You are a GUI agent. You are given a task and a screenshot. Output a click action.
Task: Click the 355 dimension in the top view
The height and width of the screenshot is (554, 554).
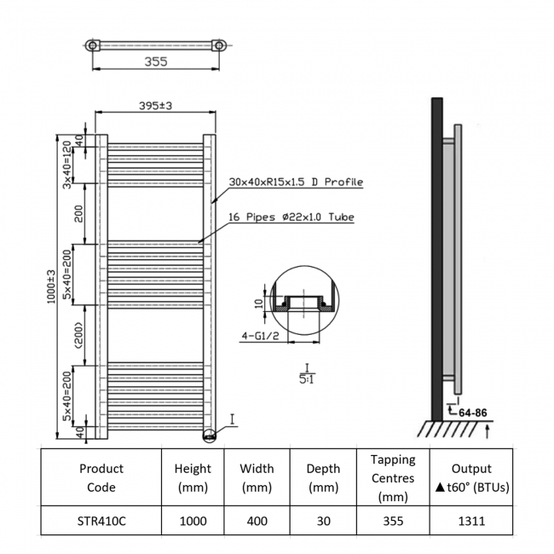tap(154, 61)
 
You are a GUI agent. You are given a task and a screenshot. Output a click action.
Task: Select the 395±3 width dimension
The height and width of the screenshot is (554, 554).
tap(156, 106)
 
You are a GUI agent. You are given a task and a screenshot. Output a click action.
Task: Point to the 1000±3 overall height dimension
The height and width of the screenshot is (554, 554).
tap(52, 287)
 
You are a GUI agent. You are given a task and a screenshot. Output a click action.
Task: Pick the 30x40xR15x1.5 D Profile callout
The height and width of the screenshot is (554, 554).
tap(296, 182)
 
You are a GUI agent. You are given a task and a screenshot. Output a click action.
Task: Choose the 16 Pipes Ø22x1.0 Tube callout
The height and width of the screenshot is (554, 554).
tap(291, 217)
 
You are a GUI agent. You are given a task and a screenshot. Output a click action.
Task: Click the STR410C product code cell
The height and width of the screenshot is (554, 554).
tap(101, 520)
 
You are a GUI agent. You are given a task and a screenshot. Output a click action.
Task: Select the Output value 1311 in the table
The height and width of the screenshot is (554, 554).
tap(471, 520)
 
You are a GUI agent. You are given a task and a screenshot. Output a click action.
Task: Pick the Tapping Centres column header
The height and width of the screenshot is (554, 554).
tap(393, 478)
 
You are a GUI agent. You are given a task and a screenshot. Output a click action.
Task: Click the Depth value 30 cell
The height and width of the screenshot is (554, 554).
tap(322, 520)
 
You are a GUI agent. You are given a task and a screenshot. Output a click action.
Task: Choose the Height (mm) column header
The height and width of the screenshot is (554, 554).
tap(193, 478)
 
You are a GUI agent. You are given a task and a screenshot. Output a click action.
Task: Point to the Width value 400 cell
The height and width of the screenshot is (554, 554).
tap(257, 520)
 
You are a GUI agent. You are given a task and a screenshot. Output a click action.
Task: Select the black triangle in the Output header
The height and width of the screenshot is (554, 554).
tap(439, 488)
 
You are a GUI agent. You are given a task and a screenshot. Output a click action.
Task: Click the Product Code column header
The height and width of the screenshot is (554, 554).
tap(101, 478)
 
